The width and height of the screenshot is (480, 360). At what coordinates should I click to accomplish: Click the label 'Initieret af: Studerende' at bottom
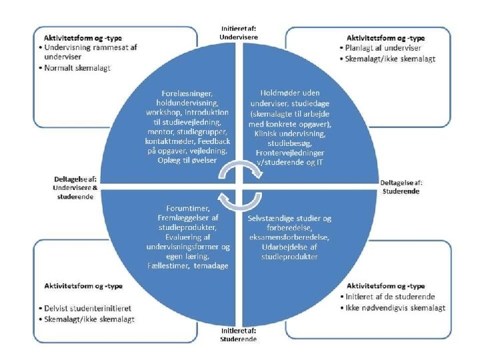coord(239,333)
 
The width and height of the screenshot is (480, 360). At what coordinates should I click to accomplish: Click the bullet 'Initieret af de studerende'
coord(391,296)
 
